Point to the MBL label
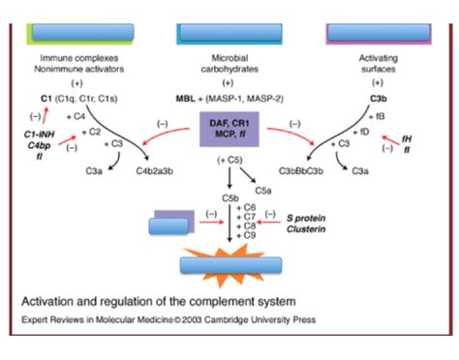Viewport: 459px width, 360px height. click(186, 99)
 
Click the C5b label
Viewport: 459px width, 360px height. click(230, 198)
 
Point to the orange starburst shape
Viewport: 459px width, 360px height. click(229, 263)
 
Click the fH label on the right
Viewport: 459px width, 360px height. click(420, 138)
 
